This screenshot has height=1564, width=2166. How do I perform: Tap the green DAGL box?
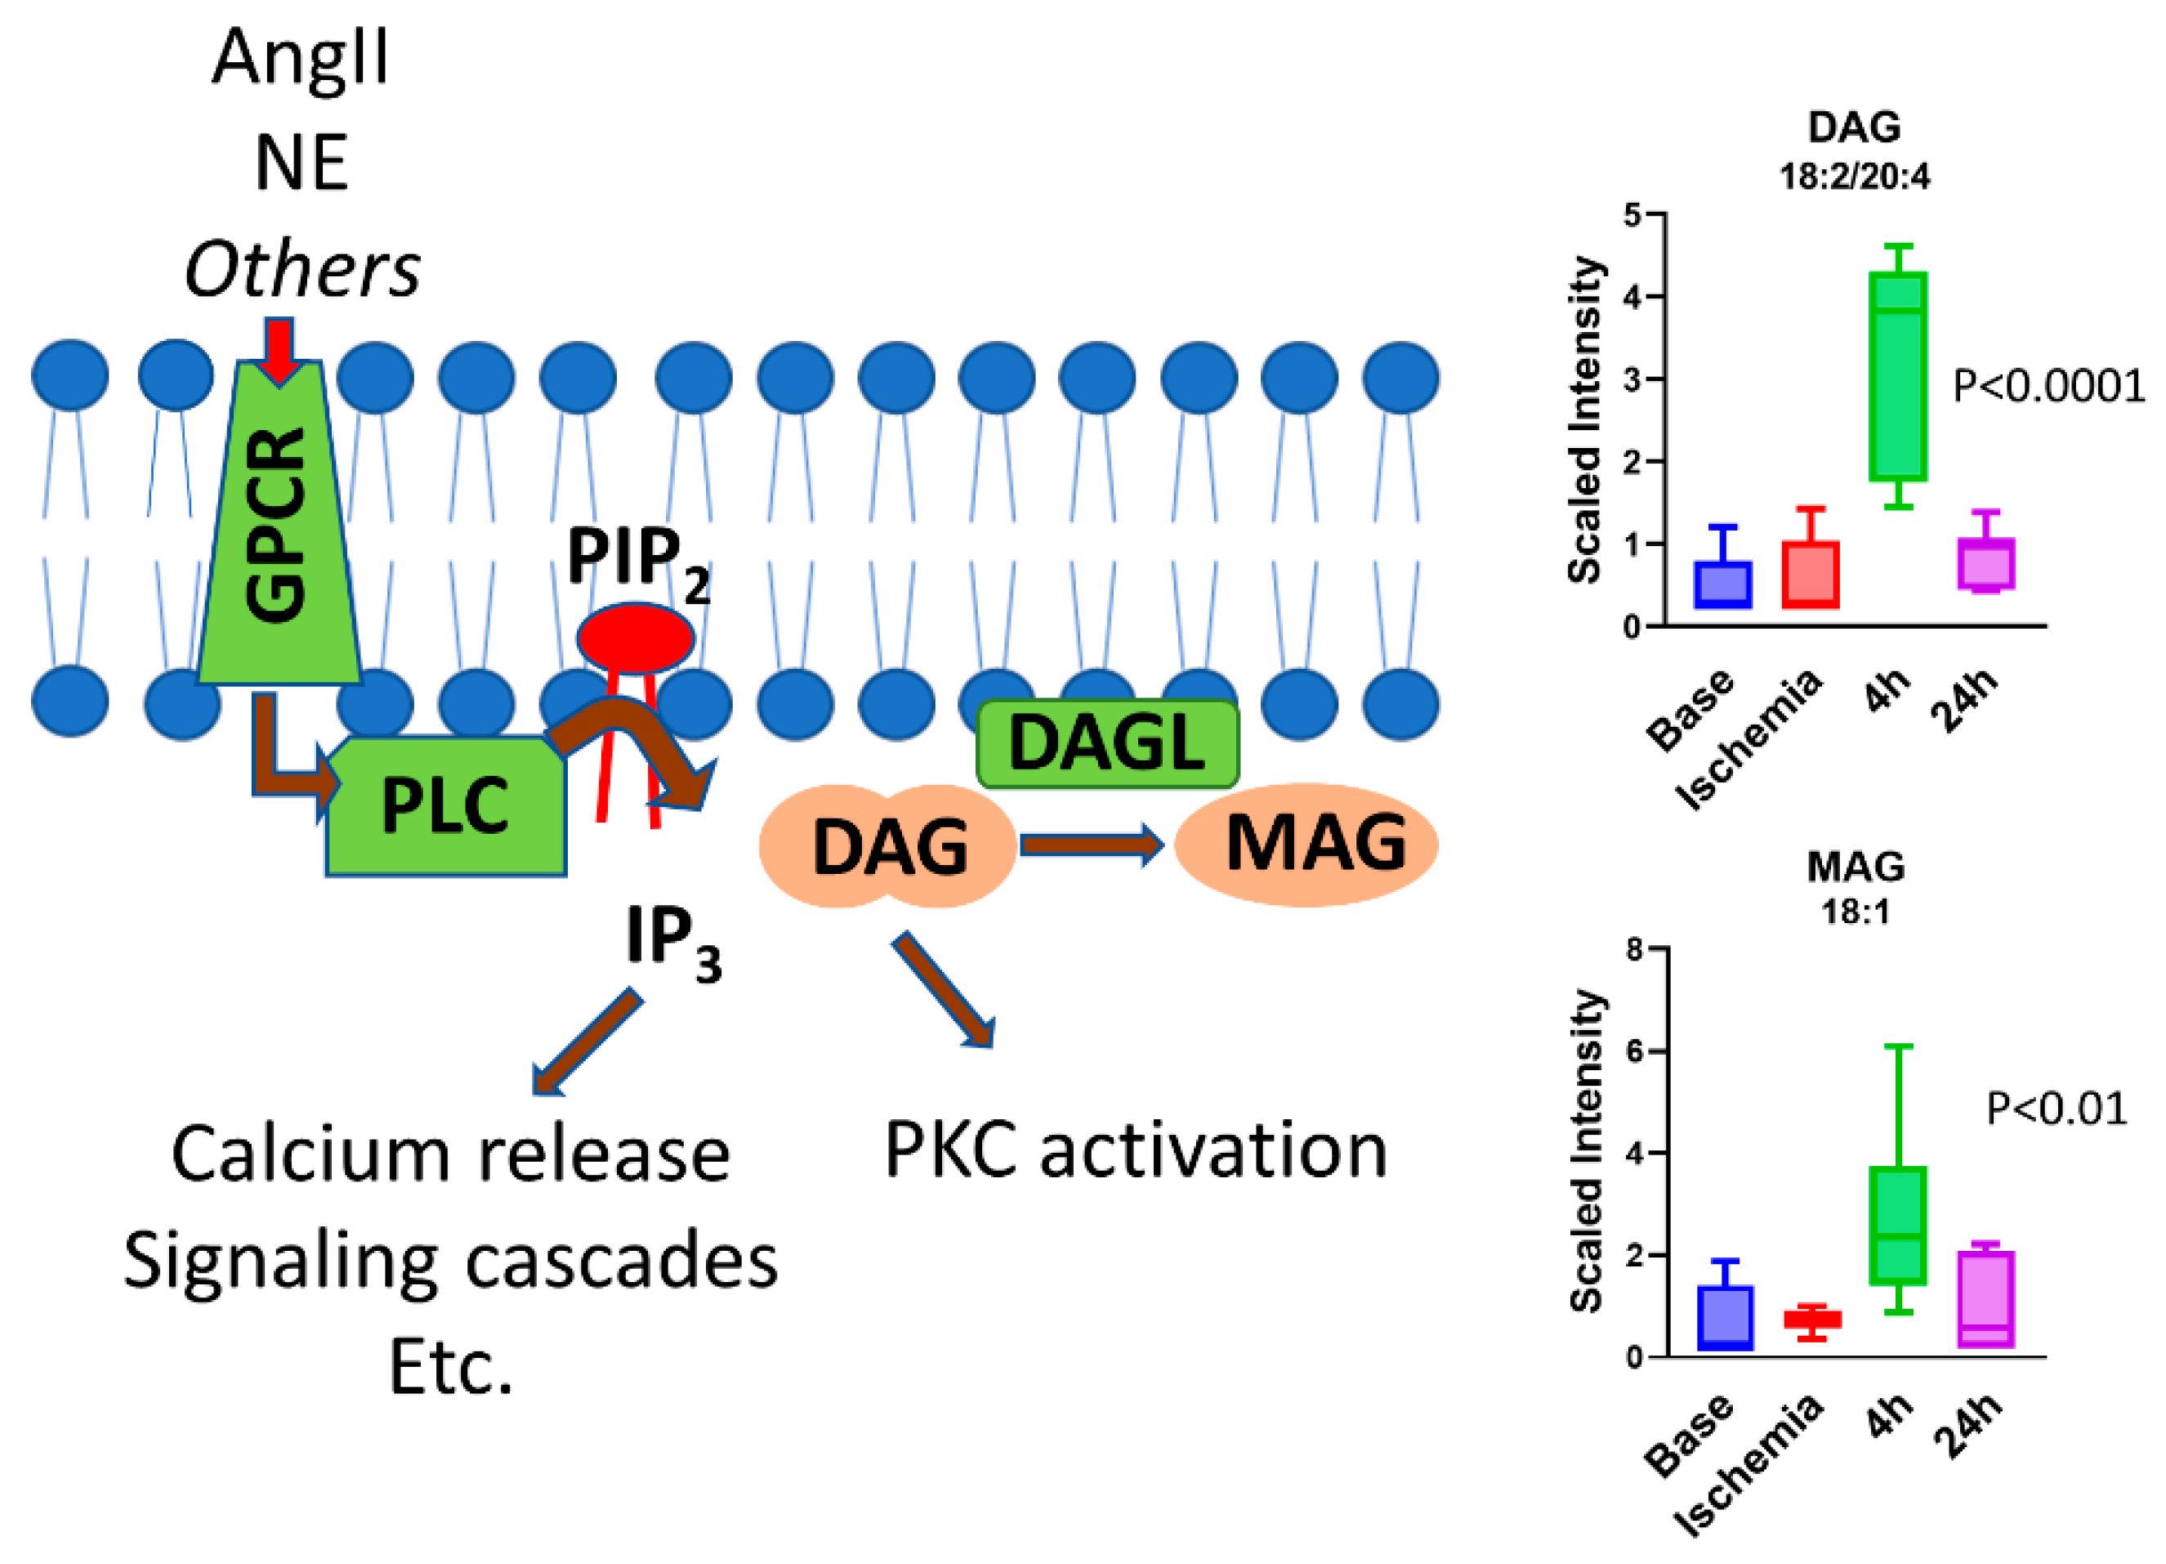[1107, 743]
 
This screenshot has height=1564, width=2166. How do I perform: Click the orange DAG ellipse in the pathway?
[888, 846]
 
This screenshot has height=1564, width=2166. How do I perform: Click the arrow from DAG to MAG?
[1092, 845]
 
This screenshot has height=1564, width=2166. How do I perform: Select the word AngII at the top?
[301, 57]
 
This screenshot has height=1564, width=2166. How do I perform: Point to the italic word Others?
[301, 271]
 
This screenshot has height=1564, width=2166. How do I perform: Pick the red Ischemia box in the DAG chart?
[1810, 574]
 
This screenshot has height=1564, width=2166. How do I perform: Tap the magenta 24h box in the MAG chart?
[1985, 1299]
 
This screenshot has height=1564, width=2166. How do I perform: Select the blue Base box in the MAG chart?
[1725, 1318]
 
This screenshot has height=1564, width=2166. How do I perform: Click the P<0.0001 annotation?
[2048, 386]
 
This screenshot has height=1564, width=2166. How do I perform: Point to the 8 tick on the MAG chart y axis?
[1636, 950]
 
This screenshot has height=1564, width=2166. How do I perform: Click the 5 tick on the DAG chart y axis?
[1634, 215]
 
